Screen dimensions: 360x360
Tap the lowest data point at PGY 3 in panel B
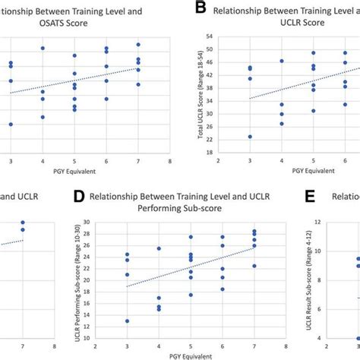pyautogui.click(x=250, y=137)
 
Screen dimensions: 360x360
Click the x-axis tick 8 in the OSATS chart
pyautogui.click(x=169, y=162)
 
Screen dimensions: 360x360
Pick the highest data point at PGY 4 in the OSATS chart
pyautogui.click(x=43, y=48)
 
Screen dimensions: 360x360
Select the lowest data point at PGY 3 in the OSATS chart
pyautogui.click(x=11, y=124)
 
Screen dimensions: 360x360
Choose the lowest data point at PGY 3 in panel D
pyautogui.click(x=128, y=321)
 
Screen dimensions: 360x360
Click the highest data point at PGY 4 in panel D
pyautogui.click(x=159, y=248)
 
